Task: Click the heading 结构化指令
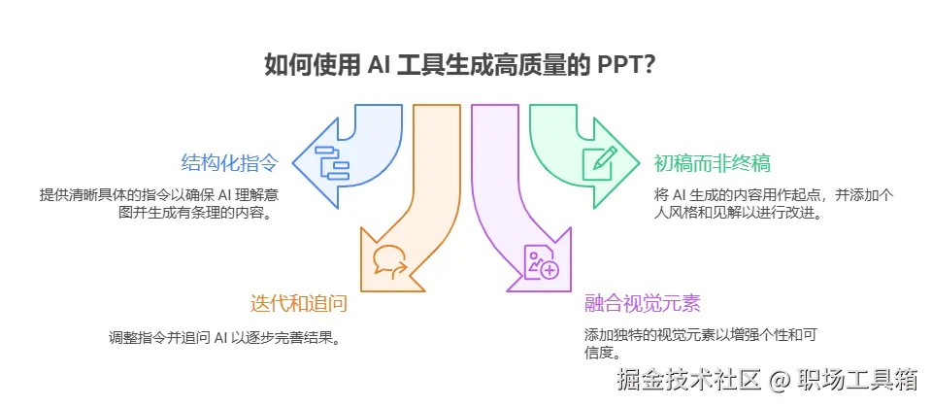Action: (x=229, y=161)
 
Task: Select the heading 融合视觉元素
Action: (x=642, y=303)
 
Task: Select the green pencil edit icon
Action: (x=599, y=161)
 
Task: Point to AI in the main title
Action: (x=380, y=66)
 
